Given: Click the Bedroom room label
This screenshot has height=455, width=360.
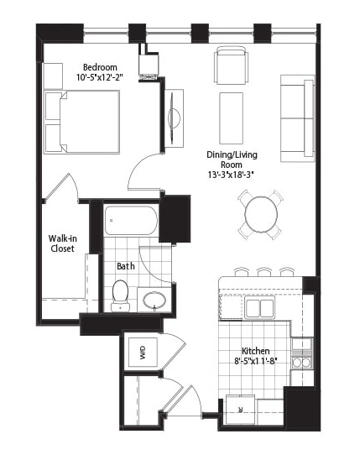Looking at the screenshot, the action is click(x=100, y=67).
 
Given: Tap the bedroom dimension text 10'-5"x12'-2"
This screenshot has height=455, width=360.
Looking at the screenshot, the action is click(x=100, y=77).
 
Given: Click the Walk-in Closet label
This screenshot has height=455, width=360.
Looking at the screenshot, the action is click(x=63, y=243).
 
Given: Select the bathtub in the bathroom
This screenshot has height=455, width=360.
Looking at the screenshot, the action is click(x=131, y=221).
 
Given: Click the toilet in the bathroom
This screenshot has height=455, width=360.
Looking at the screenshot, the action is click(x=120, y=295).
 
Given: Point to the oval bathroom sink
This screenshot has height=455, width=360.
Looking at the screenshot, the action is click(x=154, y=300).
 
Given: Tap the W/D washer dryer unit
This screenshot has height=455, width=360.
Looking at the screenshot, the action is click(x=143, y=353).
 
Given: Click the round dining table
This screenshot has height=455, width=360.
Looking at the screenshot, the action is click(x=261, y=214).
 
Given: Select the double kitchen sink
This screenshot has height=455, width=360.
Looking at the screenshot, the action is click(x=259, y=307).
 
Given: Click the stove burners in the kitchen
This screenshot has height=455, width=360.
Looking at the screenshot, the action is click(x=302, y=362).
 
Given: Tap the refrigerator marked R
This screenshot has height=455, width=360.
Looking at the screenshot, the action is click(x=241, y=410).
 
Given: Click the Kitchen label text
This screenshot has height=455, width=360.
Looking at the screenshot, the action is click(x=256, y=351).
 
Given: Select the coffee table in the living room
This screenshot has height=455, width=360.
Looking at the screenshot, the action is click(x=232, y=118).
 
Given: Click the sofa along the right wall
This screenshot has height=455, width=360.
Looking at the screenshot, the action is click(x=298, y=118).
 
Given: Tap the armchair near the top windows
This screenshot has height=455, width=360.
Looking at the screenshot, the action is click(x=232, y=67).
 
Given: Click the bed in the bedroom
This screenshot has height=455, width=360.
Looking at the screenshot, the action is click(x=81, y=122).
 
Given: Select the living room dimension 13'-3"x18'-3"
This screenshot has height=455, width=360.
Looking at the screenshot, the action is click(x=232, y=175).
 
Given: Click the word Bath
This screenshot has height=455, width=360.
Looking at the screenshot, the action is click(x=126, y=266).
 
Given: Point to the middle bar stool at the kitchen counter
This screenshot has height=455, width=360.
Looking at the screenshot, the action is click(x=264, y=272).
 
